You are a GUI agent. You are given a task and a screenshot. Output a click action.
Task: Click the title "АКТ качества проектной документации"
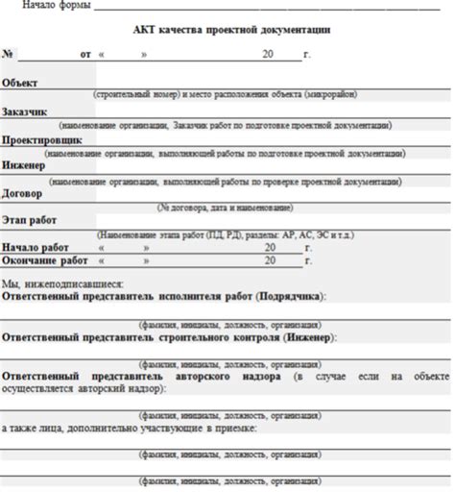pos(227,30)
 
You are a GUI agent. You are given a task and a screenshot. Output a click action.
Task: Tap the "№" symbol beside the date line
pos(8,55)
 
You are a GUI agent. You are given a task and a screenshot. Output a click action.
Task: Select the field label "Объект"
pos(20,84)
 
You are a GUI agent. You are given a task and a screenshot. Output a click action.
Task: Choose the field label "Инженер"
pos(23,166)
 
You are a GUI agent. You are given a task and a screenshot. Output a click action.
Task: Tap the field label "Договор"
pos(22,193)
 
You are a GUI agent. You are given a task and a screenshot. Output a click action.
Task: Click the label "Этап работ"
pos(30,220)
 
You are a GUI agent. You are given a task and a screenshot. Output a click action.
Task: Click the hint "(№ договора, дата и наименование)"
pos(227,207)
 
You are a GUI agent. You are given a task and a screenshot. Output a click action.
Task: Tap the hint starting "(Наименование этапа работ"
pos(227,234)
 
